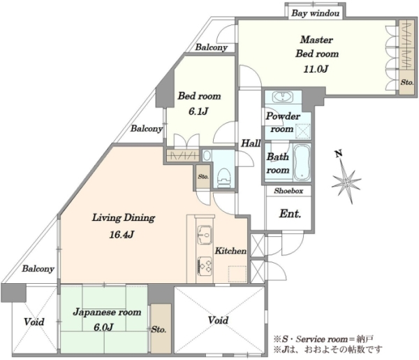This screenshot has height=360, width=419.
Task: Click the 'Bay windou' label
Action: point(316,13)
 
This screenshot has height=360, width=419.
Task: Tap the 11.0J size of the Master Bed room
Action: point(316,69)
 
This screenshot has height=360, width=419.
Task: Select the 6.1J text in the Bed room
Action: point(198,111)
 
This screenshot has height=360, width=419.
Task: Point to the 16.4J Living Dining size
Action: point(122,235)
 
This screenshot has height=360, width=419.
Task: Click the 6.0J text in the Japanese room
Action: point(103,327)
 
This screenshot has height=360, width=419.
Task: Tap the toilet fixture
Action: point(224,178)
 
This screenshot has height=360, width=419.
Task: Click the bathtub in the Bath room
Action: point(302,162)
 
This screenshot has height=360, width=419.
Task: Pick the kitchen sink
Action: point(205,235)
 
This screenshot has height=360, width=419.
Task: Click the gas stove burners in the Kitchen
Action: point(205,266)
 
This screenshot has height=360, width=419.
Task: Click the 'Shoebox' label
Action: point(288,191)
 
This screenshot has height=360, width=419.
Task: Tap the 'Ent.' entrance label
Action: point(291,213)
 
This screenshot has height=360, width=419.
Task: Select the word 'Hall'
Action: point(251,143)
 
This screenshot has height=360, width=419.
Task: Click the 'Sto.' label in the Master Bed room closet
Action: point(407,82)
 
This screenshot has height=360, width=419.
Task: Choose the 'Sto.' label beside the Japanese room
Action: point(159,329)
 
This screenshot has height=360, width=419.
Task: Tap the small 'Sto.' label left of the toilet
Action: point(203,177)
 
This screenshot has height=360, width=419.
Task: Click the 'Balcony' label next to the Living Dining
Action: point(38,269)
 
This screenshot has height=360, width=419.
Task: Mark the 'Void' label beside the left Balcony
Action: point(34,322)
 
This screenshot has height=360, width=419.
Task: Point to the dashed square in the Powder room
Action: point(303,131)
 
